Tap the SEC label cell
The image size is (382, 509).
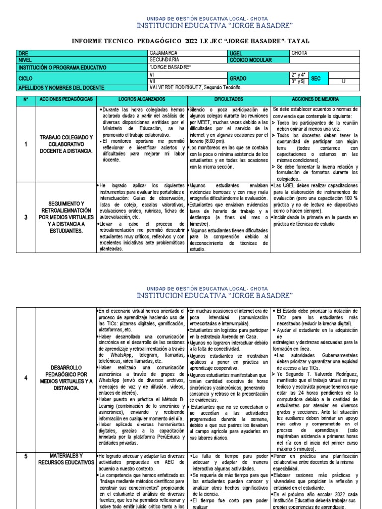(x=316, y=79)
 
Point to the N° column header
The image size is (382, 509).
(x=26, y=99)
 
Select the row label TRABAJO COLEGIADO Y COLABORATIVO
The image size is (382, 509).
(x=66, y=144)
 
